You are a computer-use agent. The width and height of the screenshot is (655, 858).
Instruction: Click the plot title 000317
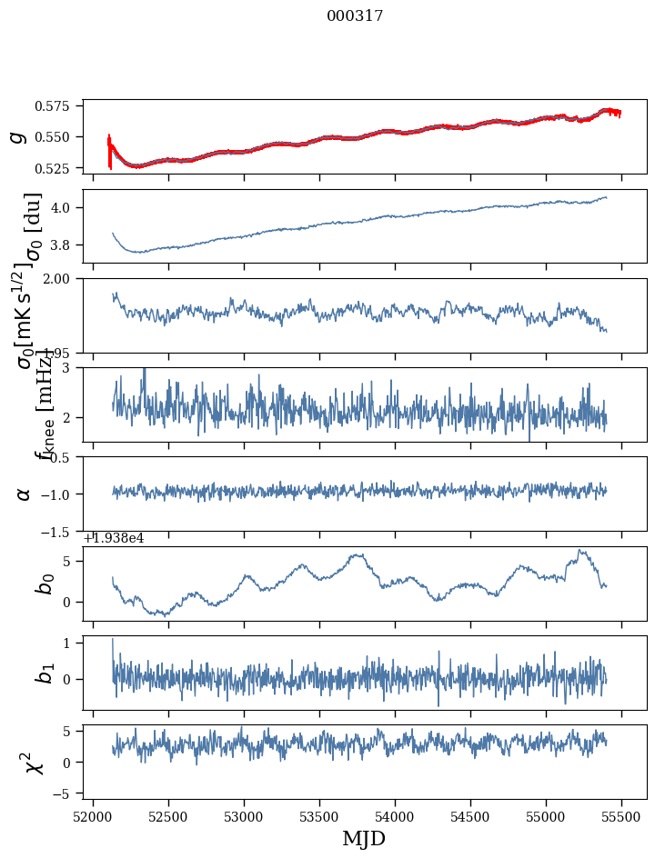click(355, 16)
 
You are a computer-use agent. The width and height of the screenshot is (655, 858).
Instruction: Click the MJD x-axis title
click(364, 839)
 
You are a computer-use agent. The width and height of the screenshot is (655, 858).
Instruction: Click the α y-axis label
click(24, 494)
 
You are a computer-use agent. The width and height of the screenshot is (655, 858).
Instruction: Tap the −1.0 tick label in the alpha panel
click(60, 494)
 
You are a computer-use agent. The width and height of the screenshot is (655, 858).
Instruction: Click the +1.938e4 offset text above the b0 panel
click(113, 538)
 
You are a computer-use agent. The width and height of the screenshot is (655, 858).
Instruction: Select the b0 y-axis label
click(44, 584)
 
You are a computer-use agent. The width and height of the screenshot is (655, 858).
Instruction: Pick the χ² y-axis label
click(35, 762)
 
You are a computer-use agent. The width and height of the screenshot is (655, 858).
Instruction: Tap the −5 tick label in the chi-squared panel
click(65, 794)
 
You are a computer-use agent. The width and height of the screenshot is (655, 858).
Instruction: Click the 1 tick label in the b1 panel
click(71, 643)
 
